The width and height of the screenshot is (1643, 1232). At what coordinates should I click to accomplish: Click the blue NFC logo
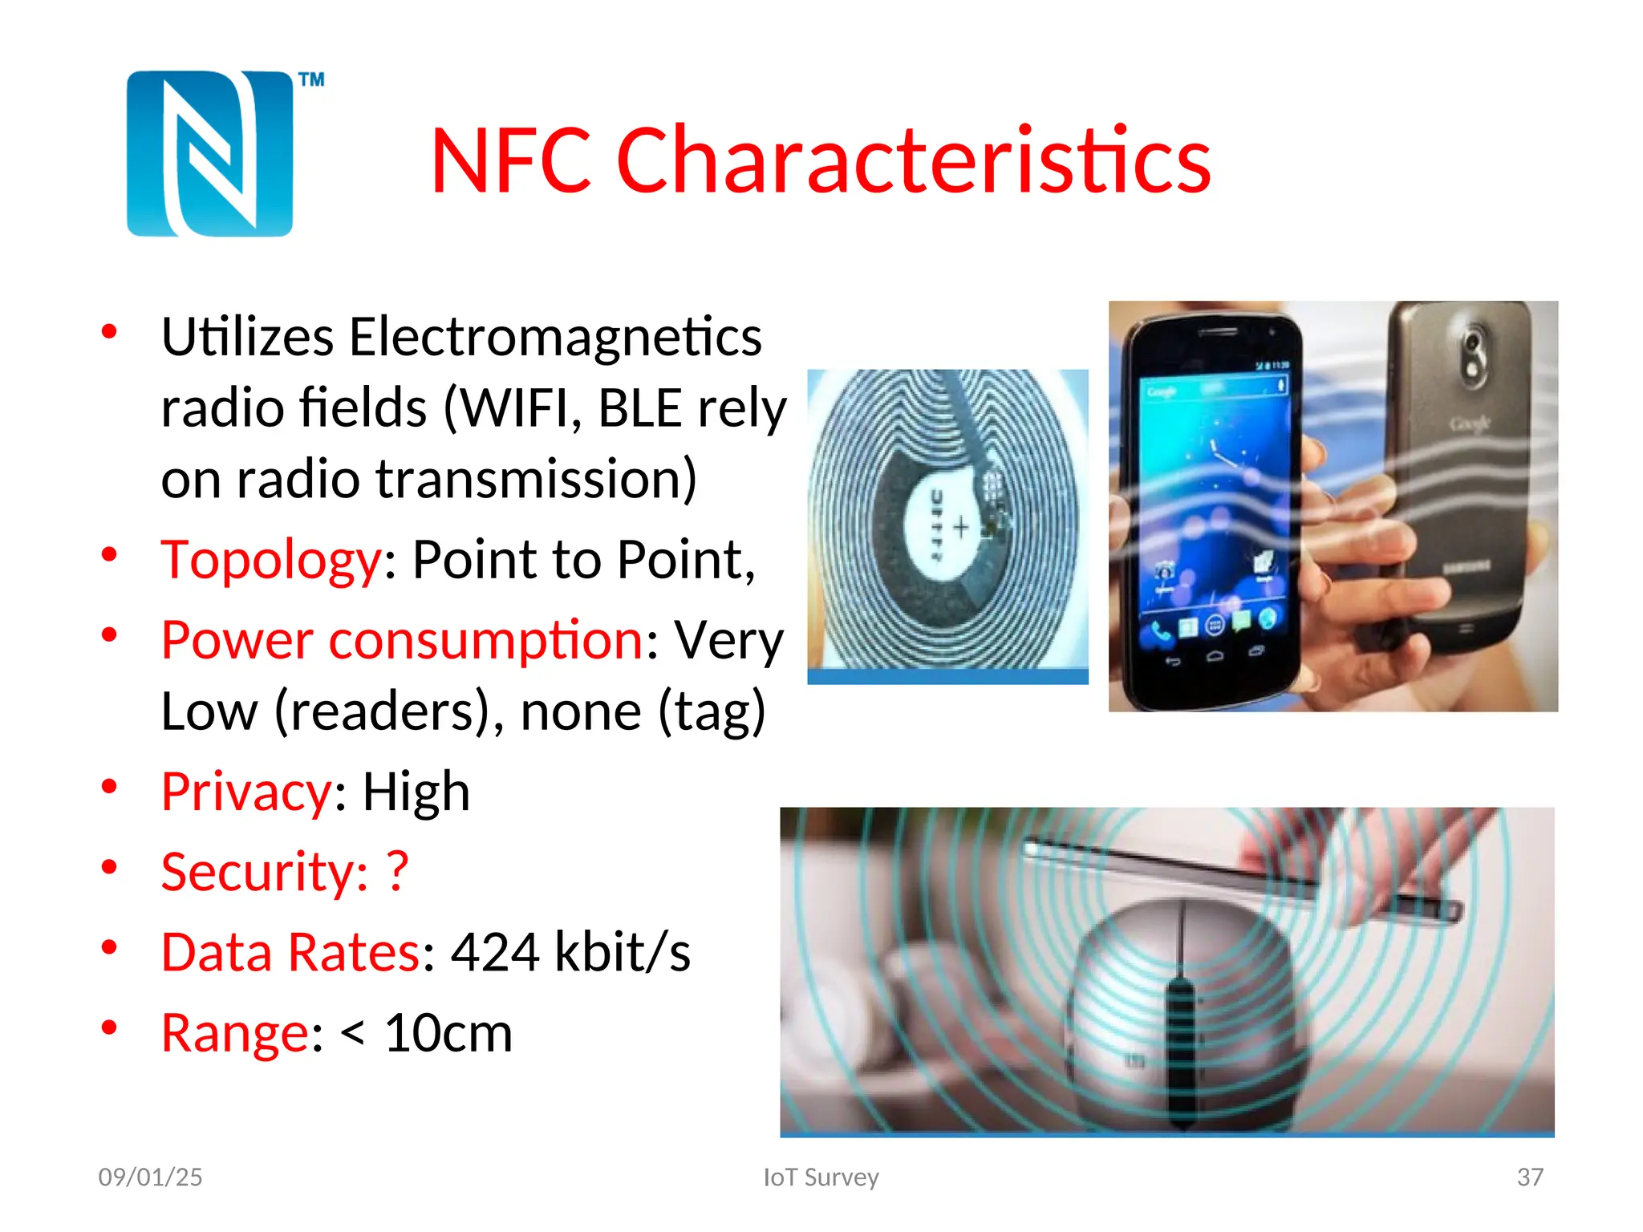(x=209, y=154)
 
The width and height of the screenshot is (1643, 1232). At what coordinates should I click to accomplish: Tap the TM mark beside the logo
(x=311, y=79)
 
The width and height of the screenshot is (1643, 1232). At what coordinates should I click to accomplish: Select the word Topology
(x=271, y=560)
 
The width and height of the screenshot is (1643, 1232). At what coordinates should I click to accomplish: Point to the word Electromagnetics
(x=555, y=337)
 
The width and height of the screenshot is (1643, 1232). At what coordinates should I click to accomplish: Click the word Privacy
(x=246, y=792)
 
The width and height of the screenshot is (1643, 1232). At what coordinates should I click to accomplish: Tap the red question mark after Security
(x=397, y=871)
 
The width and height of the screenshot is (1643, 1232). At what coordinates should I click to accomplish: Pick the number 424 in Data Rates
(x=495, y=953)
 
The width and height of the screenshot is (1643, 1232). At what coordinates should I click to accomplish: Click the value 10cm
(x=448, y=1033)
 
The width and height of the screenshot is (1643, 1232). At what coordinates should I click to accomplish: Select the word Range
(x=235, y=1033)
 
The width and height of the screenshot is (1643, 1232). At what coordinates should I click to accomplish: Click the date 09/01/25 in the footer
(x=150, y=1177)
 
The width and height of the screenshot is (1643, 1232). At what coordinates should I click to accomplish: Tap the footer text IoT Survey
(x=821, y=1177)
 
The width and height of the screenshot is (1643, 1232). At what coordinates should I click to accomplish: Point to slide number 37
(x=1530, y=1177)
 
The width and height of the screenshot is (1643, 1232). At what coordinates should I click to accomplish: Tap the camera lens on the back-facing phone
(x=1473, y=353)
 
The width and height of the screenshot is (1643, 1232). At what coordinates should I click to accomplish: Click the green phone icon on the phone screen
(x=1160, y=633)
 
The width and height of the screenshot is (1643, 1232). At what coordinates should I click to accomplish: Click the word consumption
(x=485, y=641)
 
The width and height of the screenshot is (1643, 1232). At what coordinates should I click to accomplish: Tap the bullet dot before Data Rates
(x=110, y=947)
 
